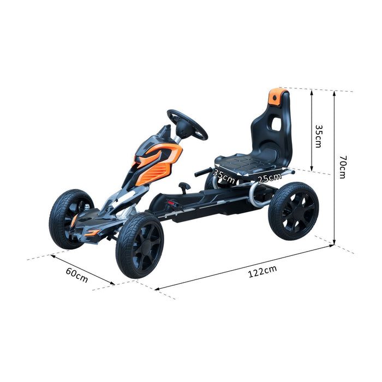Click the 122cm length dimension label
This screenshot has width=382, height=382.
[x=262, y=271]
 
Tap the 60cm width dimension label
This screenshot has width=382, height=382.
[x=77, y=275]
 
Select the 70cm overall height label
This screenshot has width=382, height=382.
[x=342, y=167]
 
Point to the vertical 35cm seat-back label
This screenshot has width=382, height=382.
[x=318, y=136]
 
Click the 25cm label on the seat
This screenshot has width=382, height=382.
[x=270, y=178]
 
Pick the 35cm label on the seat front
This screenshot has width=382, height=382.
[x=224, y=176]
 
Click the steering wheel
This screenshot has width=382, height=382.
[x=187, y=124]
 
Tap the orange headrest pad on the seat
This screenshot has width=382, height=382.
[x=277, y=97]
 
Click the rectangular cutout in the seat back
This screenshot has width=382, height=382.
[x=277, y=124]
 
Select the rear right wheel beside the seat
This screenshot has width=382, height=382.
[x=294, y=211]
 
